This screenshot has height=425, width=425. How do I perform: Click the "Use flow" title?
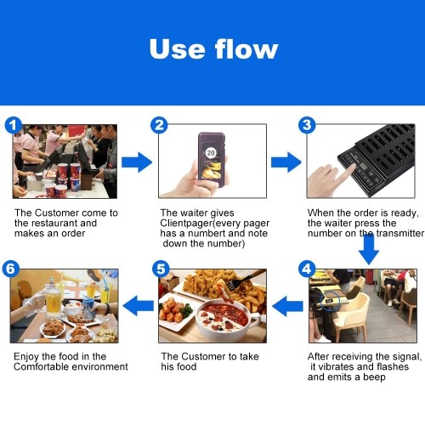tap(213, 48)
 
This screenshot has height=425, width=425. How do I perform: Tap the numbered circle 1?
tap(13, 126)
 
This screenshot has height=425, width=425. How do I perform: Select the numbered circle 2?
tap(159, 125)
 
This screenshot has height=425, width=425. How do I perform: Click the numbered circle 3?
tap(307, 125)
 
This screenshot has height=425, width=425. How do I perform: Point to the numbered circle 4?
tap(307, 269)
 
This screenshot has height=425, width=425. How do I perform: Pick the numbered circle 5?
tap(161, 269)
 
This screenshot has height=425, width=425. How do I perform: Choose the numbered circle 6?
tap(10, 269)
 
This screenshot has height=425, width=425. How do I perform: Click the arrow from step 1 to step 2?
tap(137, 162)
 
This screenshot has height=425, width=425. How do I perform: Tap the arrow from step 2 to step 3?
tap(286, 162)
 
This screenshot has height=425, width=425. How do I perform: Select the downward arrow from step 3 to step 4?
tap(369, 249)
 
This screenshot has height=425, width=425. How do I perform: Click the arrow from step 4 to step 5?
tap(287, 306)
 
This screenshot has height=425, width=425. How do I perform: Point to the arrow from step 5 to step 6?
tap(139, 306)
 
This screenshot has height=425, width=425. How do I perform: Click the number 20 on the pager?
tap(211, 153)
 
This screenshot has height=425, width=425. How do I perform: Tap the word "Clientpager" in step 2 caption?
tap(186, 224)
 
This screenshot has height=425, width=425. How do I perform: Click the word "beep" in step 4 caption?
tap(374, 377)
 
